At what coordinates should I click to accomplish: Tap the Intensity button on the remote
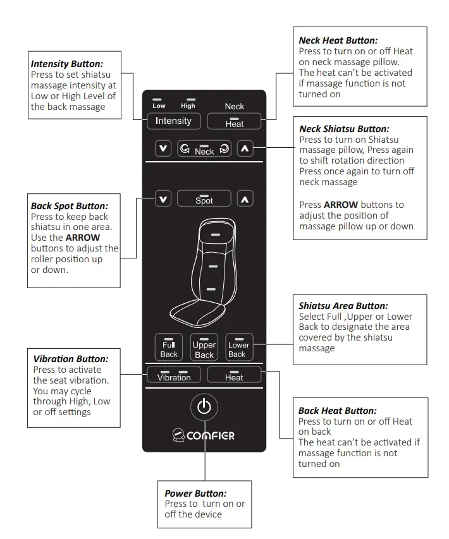click(x=173, y=121)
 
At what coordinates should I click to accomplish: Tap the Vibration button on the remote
click(x=173, y=375)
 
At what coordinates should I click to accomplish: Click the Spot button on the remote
click(x=204, y=199)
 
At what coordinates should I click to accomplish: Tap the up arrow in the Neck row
click(x=245, y=149)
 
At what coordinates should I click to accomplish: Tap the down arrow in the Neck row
click(x=164, y=149)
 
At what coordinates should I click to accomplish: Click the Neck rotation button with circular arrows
click(x=204, y=149)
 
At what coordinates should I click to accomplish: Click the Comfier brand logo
click(x=203, y=435)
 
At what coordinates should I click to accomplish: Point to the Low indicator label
click(x=159, y=106)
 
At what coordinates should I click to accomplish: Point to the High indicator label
click(x=188, y=106)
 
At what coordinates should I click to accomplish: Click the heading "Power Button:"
click(x=195, y=494)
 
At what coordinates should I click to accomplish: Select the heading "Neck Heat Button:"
click(x=338, y=40)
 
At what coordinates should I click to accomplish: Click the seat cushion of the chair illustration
click(x=196, y=311)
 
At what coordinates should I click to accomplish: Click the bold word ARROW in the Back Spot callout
click(x=83, y=238)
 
